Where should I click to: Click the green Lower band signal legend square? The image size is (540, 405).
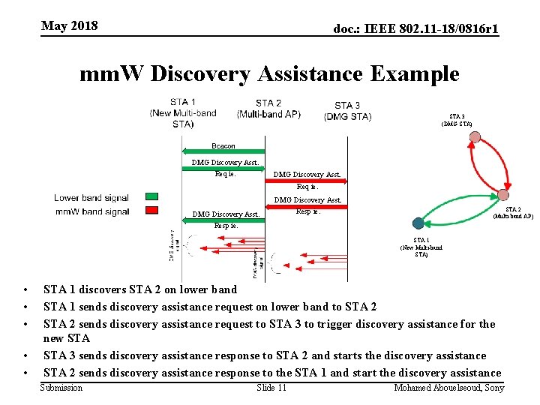[151, 198]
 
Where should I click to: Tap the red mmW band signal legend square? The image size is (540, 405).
[151, 211]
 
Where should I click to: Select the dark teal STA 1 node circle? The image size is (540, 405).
[418, 223]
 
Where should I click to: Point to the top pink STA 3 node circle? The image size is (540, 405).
[475, 137]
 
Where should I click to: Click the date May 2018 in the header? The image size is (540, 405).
[70, 26]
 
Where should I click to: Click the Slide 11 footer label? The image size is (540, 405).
[271, 388]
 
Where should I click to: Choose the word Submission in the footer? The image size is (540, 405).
[61, 388]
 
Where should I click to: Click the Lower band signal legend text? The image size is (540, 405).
[91, 198]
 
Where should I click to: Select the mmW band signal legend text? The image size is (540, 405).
[92, 212]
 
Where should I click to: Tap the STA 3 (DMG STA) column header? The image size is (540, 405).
[347, 110]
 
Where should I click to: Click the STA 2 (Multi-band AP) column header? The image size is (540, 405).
[268, 109]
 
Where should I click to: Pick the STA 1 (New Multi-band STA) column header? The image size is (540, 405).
[184, 112]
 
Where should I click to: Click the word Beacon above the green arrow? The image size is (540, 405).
[223, 146]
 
